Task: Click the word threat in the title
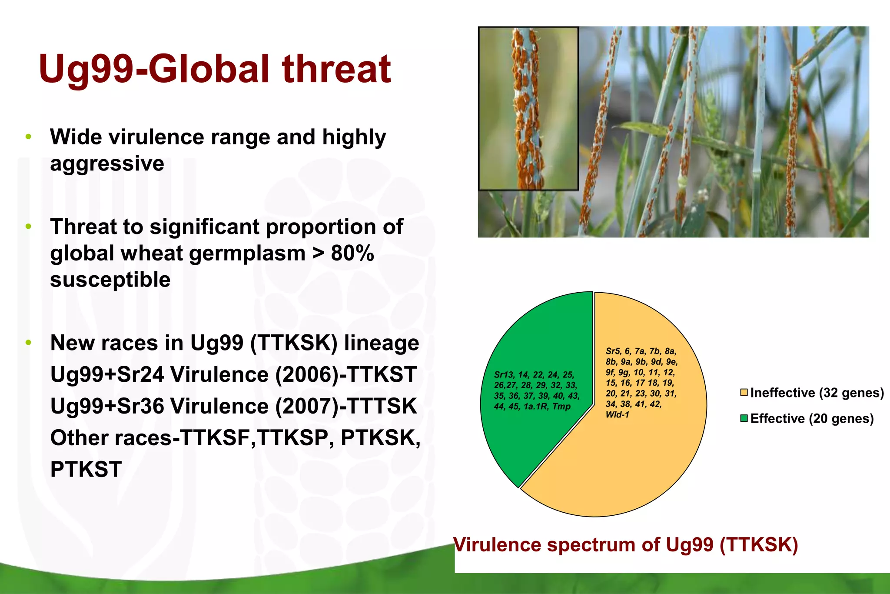point(337,70)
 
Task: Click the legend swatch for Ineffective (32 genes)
point(744,393)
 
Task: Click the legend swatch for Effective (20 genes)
point(744,418)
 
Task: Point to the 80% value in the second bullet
point(352,253)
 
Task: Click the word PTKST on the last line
point(86,470)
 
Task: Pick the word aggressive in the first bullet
point(107,164)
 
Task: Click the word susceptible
point(110,280)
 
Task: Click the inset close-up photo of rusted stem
point(528,109)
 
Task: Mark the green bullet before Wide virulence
point(29,137)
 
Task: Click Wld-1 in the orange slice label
point(617,415)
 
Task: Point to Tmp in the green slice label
point(561,407)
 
